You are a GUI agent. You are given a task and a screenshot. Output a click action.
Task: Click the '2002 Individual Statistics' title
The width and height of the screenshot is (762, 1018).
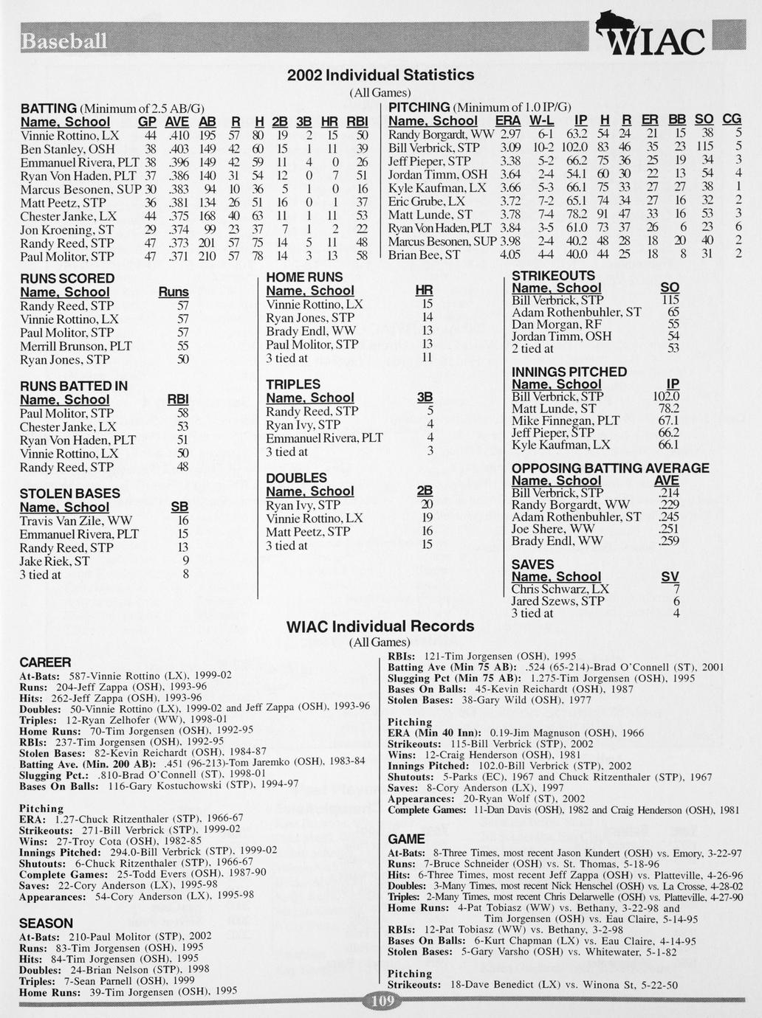(380, 75)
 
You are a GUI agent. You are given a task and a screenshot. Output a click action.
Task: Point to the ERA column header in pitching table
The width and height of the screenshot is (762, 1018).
(507, 120)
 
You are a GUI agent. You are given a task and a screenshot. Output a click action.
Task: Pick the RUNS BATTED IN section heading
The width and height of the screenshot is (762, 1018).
(73, 386)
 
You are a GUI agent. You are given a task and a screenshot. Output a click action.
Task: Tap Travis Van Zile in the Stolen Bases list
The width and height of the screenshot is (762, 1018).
(76, 521)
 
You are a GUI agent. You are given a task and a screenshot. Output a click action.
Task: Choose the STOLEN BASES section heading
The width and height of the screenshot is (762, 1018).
(69, 494)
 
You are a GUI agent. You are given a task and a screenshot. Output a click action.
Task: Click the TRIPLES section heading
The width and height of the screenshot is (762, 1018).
(293, 384)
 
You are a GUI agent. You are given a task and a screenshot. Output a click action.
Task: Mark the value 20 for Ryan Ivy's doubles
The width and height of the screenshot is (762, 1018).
(426, 505)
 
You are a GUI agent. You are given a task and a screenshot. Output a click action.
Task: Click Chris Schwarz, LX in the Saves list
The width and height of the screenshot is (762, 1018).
(560, 589)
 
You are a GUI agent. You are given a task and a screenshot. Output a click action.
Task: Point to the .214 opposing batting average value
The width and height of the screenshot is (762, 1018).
(668, 493)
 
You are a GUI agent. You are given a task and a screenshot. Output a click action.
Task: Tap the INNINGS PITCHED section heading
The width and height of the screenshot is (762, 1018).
(569, 372)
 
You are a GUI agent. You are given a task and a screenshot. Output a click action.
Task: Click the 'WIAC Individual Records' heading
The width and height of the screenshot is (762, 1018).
(380, 626)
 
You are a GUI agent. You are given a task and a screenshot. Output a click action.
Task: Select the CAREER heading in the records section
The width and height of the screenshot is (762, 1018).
(45, 662)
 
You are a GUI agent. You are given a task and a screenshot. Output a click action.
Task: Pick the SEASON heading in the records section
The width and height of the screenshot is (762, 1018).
(47, 923)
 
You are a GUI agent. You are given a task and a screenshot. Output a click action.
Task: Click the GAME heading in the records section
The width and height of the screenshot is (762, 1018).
(406, 839)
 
